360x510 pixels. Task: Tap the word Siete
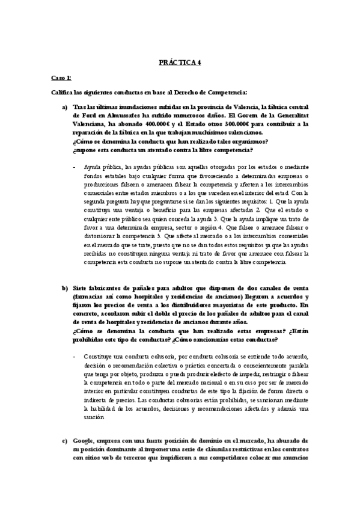pos(82,288)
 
